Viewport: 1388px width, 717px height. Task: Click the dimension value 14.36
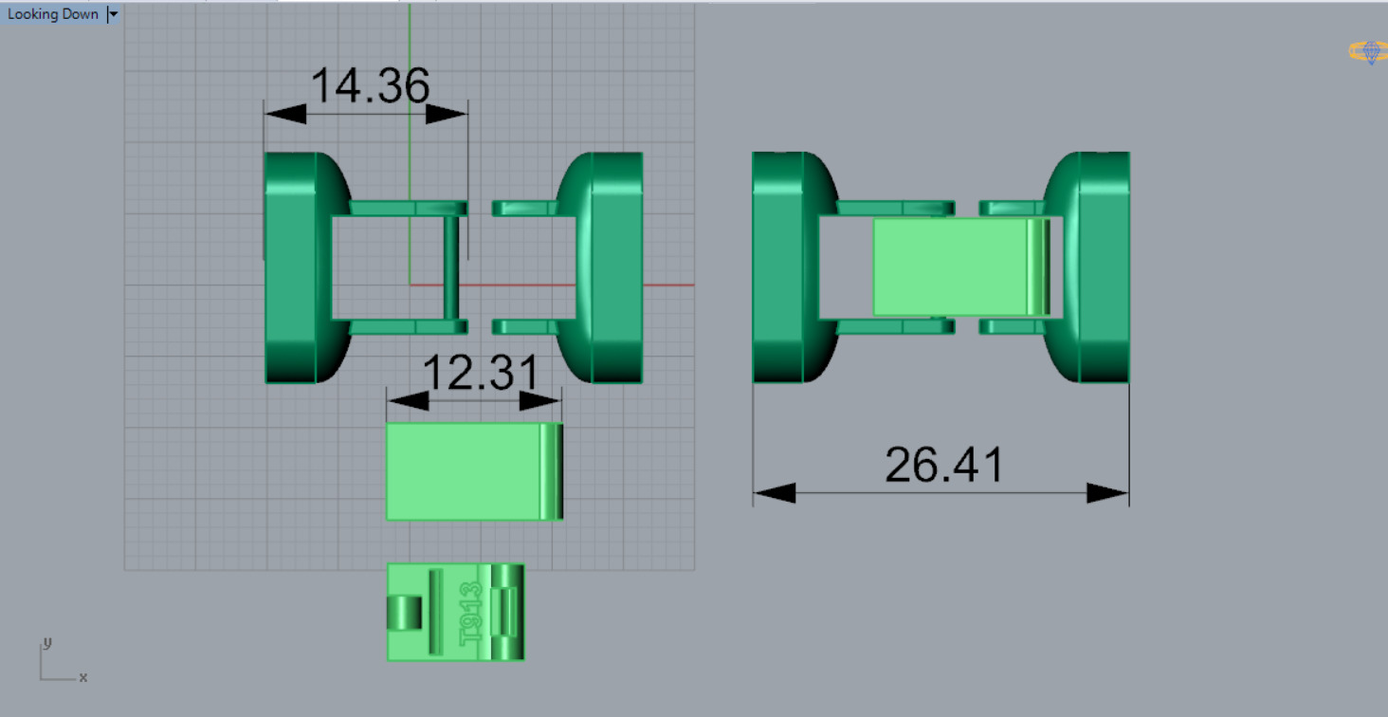click(x=370, y=86)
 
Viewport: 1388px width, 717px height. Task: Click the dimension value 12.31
click(x=480, y=375)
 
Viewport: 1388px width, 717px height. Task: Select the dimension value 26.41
click(x=943, y=466)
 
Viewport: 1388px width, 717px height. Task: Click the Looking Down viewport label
click(x=53, y=14)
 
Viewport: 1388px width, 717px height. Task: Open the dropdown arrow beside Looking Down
click(x=113, y=14)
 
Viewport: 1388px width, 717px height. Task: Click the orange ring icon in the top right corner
click(x=1368, y=52)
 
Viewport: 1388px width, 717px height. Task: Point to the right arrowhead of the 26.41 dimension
click(x=1107, y=493)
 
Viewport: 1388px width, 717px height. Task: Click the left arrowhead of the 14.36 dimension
click(x=285, y=114)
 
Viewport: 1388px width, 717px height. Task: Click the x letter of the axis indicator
click(x=83, y=677)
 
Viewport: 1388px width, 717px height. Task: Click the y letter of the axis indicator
click(x=47, y=643)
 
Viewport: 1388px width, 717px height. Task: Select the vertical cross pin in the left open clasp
click(x=451, y=267)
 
